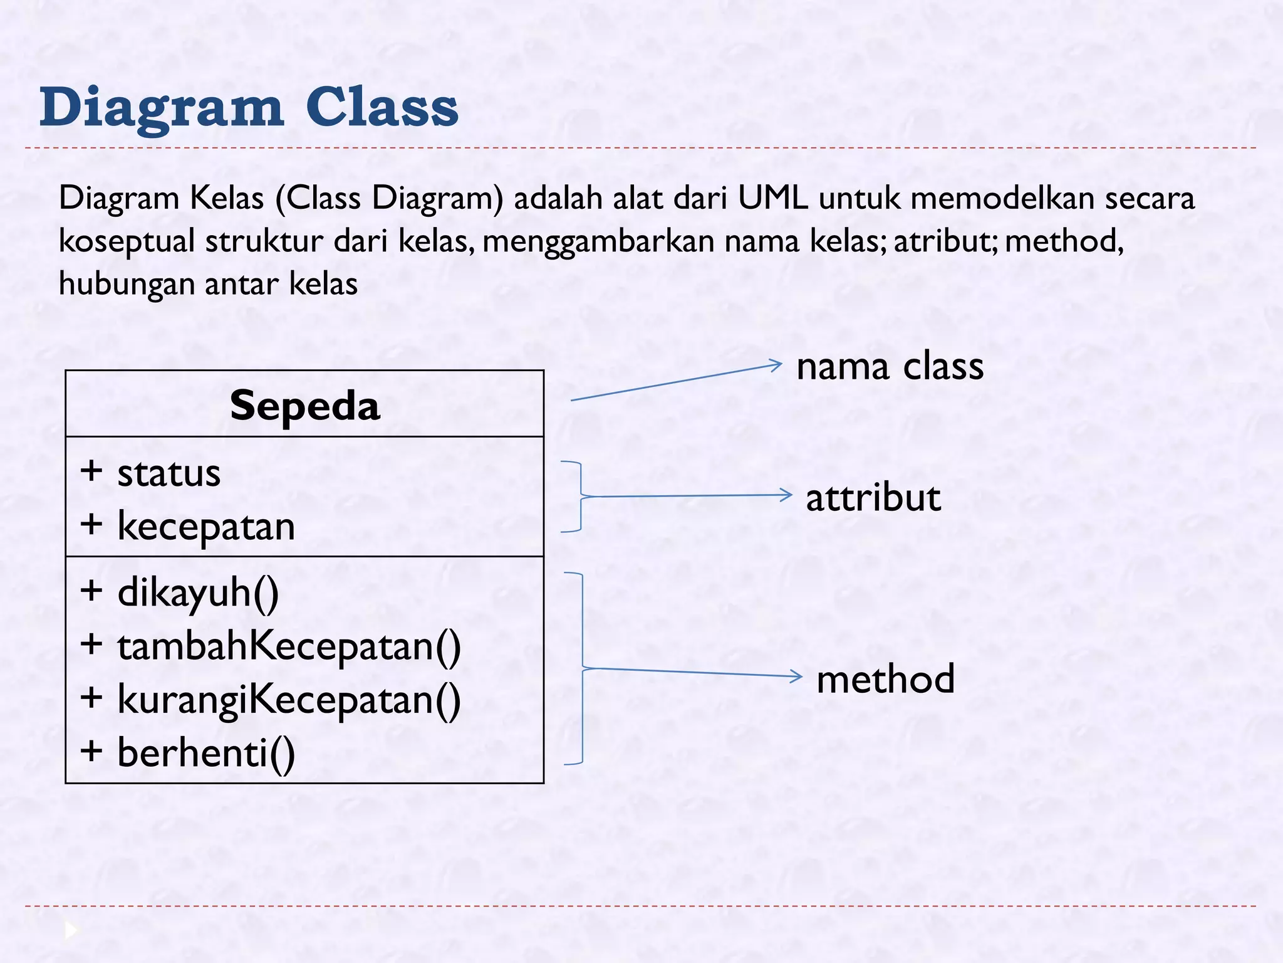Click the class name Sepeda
click(305, 406)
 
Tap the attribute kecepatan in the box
click(205, 526)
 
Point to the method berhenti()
click(205, 752)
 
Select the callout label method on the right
click(885, 679)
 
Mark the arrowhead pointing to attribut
click(787, 495)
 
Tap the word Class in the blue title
click(382, 108)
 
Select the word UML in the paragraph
click(772, 198)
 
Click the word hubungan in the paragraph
click(127, 283)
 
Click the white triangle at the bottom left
click(71, 930)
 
